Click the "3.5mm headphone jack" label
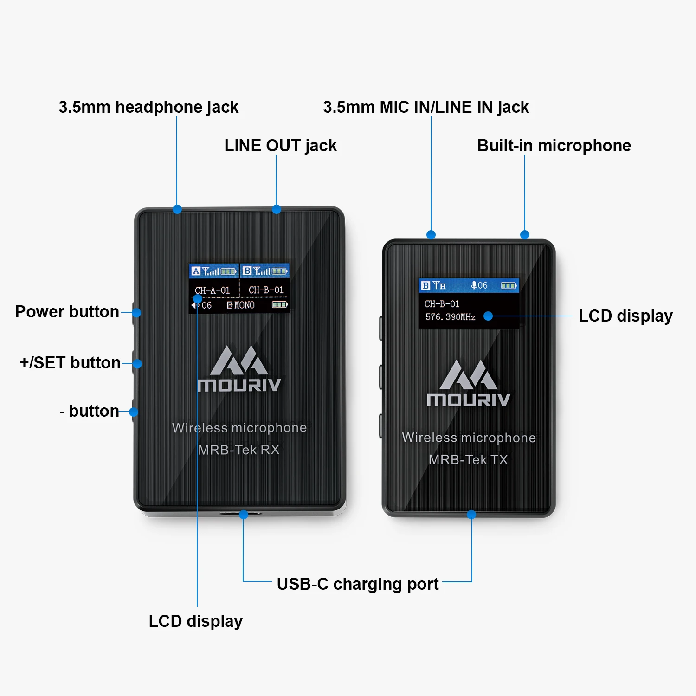pos(148,107)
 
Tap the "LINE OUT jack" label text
pos(280,146)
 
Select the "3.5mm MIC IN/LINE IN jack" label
pos(425,107)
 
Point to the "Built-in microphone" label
pos(554,146)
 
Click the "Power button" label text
pos(67,312)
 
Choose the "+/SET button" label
pos(70,363)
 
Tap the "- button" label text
pos(89,411)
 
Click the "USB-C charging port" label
pos(357,584)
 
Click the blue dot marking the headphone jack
pos(177,209)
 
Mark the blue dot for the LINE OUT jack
pos(277,209)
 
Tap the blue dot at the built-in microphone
pos(525,235)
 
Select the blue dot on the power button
pos(136,313)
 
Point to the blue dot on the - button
pos(134,412)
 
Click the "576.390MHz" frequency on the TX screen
pos(450,317)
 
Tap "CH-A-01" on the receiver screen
pos(213,290)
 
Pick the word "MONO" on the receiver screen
pos(245,305)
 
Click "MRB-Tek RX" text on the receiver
pos(238,450)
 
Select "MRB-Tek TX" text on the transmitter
pos(468,460)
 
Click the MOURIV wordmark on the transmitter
pos(468,400)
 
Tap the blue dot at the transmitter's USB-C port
pos(471,515)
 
